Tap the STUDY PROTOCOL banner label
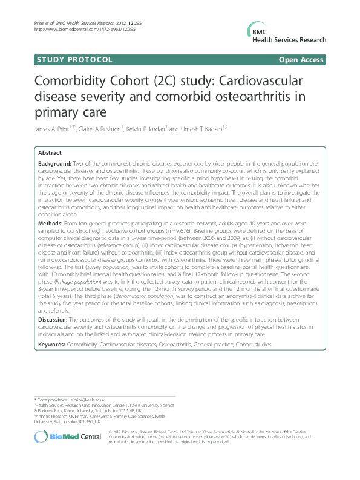point(74,60)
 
